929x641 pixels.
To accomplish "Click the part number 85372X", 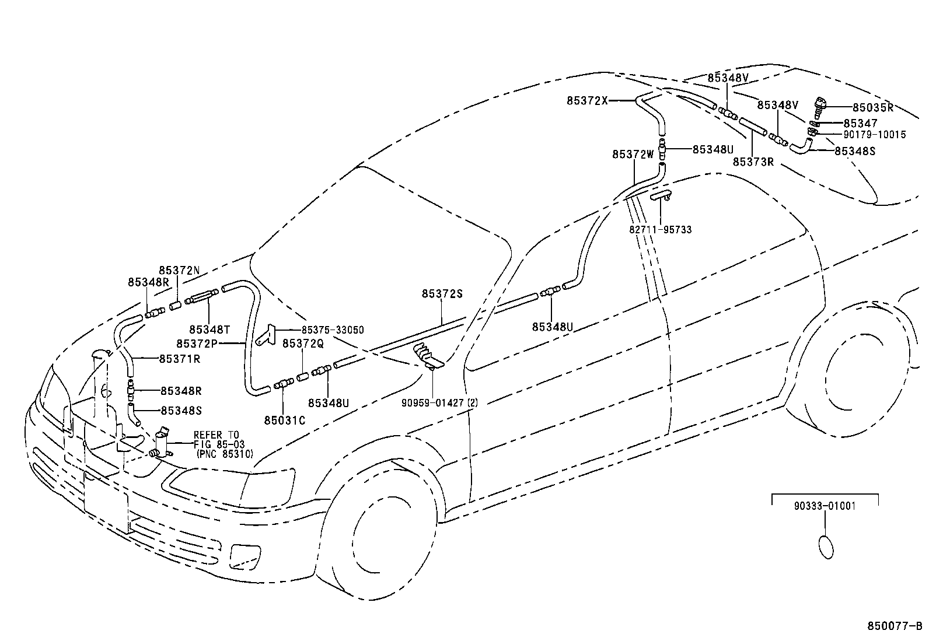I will tap(586, 100).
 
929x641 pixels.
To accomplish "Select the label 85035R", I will tap(872, 107).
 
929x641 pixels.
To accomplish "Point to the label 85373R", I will tap(753, 162).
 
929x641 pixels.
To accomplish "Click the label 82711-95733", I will tap(660, 230).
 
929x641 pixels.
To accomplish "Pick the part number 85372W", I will tap(633, 155).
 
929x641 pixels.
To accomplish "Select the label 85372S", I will tap(442, 294).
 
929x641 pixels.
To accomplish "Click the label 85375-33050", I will tap(333, 330).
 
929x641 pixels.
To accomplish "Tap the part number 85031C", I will tap(284, 420).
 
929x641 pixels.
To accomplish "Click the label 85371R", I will tap(179, 359).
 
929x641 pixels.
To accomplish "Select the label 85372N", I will tap(179, 271).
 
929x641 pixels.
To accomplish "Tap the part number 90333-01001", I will tap(825, 506).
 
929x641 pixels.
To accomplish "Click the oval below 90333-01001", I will tap(826, 548).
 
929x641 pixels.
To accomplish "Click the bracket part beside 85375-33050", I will tap(266, 335).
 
